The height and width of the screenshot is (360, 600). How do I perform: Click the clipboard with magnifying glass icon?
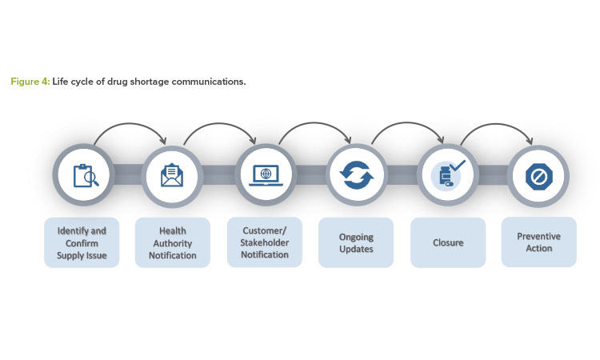tap(86, 176)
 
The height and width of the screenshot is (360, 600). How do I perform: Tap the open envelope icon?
tap(172, 175)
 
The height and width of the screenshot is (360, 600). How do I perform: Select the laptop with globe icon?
tap(266, 176)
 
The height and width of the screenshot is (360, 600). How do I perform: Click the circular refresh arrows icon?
tap(357, 175)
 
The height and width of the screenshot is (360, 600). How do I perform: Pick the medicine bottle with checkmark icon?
tap(448, 174)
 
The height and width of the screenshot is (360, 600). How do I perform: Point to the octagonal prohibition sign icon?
tap(538, 177)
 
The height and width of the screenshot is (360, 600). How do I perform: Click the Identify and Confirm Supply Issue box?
tap(82, 242)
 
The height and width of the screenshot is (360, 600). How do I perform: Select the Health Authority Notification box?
tap(173, 242)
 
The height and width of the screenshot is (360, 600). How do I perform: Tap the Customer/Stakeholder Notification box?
tap(265, 242)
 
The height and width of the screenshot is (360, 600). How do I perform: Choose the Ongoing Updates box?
tap(356, 242)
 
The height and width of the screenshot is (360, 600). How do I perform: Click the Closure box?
tap(448, 242)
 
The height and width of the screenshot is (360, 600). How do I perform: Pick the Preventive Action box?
tap(538, 242)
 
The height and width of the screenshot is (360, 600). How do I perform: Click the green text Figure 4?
tap(30, 82)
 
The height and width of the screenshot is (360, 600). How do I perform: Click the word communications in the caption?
tap(209, 82)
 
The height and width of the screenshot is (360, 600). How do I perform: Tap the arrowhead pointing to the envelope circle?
tap(163, 141)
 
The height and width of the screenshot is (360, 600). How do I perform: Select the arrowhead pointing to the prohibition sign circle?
tap(530, 141)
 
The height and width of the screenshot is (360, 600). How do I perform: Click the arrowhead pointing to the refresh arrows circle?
tap(347, 140)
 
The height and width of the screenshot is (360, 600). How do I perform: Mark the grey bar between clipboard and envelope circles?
tap(128, 175)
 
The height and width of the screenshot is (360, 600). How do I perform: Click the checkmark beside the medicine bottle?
tap(458, 166)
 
